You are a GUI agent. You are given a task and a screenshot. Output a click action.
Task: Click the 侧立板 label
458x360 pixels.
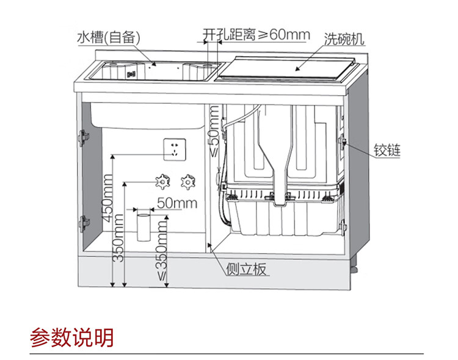(245, 269)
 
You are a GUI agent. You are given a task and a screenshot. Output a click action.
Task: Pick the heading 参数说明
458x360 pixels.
(72, 337)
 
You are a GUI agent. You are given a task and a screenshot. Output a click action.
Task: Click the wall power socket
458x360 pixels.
(175, 148)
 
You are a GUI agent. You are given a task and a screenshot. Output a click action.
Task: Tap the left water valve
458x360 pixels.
(161, 181)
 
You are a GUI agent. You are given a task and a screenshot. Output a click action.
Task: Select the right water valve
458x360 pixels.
(186, 181)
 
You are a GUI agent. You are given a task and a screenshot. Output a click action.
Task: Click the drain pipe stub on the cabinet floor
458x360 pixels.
(144, 226)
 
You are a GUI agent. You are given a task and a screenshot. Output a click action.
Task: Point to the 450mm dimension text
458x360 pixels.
(107, 198)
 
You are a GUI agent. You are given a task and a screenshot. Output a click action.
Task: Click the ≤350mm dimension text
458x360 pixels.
(162, 250)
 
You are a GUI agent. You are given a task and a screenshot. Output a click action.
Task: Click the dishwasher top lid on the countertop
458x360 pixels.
(285, 69)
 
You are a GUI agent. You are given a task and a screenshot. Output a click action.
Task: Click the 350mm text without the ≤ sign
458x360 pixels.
(119, 244)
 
